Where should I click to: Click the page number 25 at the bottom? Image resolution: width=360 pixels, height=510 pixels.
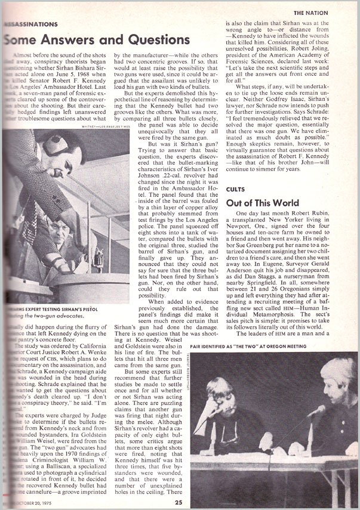(x=178, y=502)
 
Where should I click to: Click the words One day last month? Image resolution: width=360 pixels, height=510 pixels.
(x=263, y=213)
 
